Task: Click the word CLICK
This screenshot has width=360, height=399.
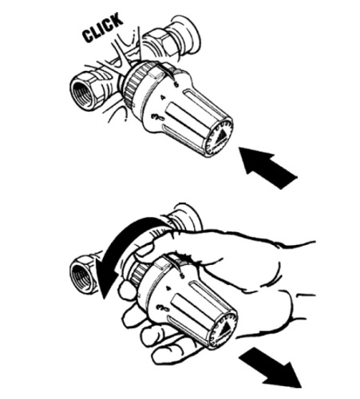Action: point(102,28)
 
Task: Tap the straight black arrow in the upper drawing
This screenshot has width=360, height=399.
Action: point(267,167)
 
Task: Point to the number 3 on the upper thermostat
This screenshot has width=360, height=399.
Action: point(157,117)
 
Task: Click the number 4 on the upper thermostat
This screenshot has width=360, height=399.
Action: point(164,98)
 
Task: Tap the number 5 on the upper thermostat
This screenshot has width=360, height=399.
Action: point(176,85)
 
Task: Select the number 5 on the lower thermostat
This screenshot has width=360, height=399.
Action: point(182,276)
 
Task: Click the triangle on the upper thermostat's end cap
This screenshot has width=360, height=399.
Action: point(221,136)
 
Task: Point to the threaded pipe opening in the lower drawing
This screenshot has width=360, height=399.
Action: point(81,278)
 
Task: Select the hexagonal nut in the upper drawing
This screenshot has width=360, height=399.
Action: point(157,45)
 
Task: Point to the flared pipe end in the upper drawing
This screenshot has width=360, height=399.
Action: point(188,34)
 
